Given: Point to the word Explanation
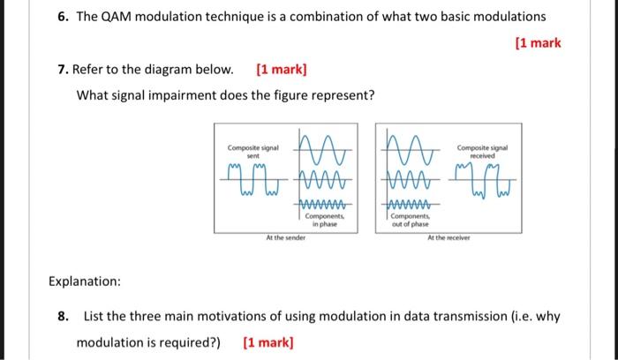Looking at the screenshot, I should click(x=85, y=282).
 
